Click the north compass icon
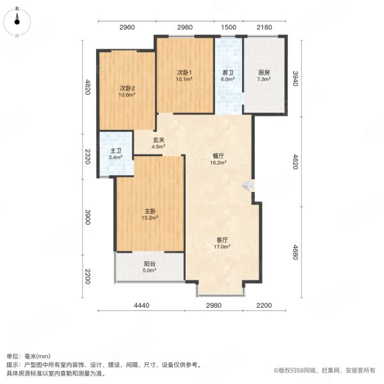point(17,22)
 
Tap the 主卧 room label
point(150,211)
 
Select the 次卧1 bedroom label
point(184,72)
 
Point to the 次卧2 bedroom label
point(127,88)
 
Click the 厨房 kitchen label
point(264,72)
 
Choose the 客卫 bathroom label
point(228,72)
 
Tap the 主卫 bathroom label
point(116,151)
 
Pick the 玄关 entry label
point(159,140)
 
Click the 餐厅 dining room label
point(218,156)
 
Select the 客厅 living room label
point(222,240)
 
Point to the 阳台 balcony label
point(150,264)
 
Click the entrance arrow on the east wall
point(248,186)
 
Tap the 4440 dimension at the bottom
point(141,305)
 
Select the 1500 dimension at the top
point(228,27)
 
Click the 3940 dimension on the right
point(296,78)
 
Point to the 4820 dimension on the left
point(88,86)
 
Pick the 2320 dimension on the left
point(88,157)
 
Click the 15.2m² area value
point(150,218)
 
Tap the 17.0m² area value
point(222,246)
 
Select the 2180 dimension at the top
point(264,27)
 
